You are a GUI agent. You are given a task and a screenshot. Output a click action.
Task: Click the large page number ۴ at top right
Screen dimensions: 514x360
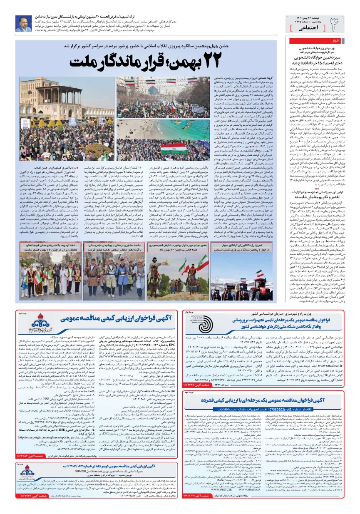point(335,24)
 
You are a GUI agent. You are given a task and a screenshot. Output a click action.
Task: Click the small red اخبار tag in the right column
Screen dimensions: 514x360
point(335,41)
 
